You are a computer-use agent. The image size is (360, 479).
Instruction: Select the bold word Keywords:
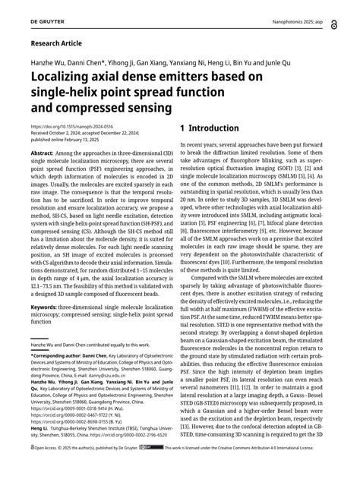point(46,307)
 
